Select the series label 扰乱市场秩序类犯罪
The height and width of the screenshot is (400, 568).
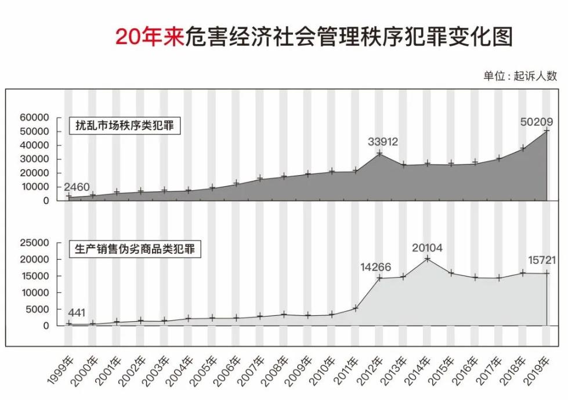pos(125,125)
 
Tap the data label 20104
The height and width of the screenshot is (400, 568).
pos(427,248)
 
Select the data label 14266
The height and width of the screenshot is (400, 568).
pos(375,267)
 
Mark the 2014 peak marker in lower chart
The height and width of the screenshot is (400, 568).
pos(428,259)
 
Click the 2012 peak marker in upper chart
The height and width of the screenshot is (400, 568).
pos(379,154)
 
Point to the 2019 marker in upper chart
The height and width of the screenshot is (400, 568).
pos(547,131)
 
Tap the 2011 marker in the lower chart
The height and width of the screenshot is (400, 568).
pos(356,308)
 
